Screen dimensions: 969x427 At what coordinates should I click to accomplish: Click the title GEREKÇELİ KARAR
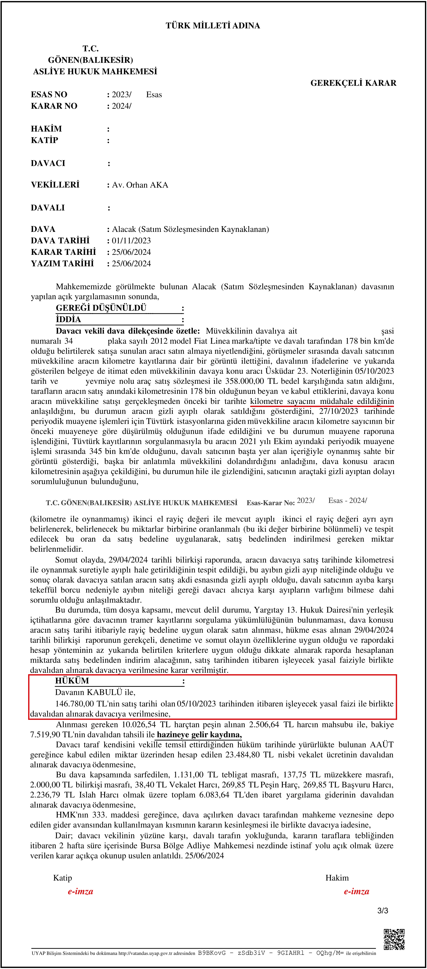click(353, 83)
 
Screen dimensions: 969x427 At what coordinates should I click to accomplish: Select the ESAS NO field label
click(49, 94)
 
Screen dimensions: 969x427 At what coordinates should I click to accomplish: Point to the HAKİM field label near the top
click(46, 129)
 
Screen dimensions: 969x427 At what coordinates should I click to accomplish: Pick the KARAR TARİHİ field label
click(63, 252)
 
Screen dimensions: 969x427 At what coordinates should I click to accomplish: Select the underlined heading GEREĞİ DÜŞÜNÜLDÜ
click(101, 308)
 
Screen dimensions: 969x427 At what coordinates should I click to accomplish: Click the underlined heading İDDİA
click(68, 319)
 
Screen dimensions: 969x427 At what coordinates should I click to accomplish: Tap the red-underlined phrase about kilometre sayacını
click(322, 401)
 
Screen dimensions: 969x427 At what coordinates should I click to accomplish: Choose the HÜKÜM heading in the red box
click(72, 681)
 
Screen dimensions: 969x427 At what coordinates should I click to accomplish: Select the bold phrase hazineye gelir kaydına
click(199, 735)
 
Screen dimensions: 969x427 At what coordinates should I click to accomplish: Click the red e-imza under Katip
click(80, 891)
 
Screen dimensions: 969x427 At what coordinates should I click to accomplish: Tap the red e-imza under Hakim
click(356, 891)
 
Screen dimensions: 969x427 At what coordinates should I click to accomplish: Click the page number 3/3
click(383, 911)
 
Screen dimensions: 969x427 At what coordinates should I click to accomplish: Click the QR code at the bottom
click(394, 939)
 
